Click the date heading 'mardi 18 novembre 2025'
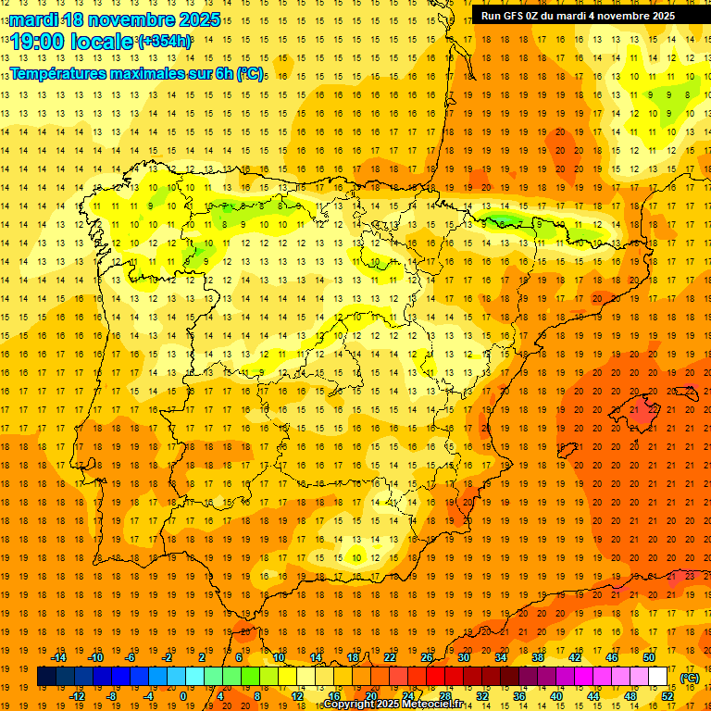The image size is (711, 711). tap(116, 19)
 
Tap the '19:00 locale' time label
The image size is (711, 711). tap(72, 42)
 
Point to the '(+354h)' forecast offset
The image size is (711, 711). tap(165, 42)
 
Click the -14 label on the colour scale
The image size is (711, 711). tap(60, 657)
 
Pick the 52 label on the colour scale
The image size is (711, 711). tap(667, 696)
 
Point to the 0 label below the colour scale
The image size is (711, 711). tap(183, 696)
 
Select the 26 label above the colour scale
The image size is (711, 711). tap(427, 657)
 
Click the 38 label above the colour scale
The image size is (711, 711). tap(538, 657)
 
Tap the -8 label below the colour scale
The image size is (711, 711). tap(112, 696)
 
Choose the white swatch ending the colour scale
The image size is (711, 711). tap(658, 677)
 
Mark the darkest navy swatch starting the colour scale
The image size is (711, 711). tap(46, 677)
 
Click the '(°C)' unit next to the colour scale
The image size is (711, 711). tap(690, 677)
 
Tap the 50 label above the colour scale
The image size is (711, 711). tap(649, 657)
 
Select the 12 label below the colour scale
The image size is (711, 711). tap(297, 696)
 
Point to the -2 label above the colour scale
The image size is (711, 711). tap(168, 657)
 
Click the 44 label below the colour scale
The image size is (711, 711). tap(593, 696)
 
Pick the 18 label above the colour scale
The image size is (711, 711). tap(353, 657)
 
